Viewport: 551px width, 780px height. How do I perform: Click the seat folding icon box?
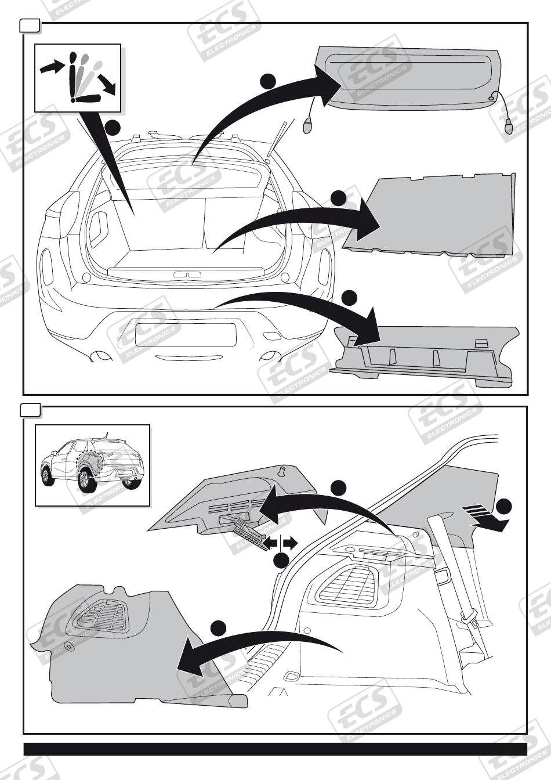77,78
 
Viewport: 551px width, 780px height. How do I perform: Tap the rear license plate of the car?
185,335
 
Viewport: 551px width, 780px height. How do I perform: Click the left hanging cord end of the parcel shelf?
308,124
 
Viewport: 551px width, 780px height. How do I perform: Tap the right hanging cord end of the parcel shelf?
509,125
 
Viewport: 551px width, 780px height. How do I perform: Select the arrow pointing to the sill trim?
302,308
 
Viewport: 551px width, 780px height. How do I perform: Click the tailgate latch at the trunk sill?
187,274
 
